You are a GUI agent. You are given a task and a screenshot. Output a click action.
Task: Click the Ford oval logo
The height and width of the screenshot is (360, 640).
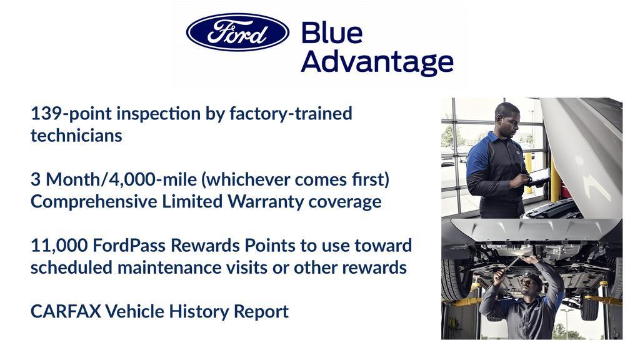click(x=237, y=32)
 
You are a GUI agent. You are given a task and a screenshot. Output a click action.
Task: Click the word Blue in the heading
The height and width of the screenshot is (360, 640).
click(x=331, y=33)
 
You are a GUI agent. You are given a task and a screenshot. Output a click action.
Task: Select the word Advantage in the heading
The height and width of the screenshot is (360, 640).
click(x=377, y=62)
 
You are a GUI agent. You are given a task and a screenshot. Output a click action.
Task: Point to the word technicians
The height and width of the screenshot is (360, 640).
click(x=76, y=136)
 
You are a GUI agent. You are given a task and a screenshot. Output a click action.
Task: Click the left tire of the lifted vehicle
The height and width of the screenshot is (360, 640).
click(x=455, y=278)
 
